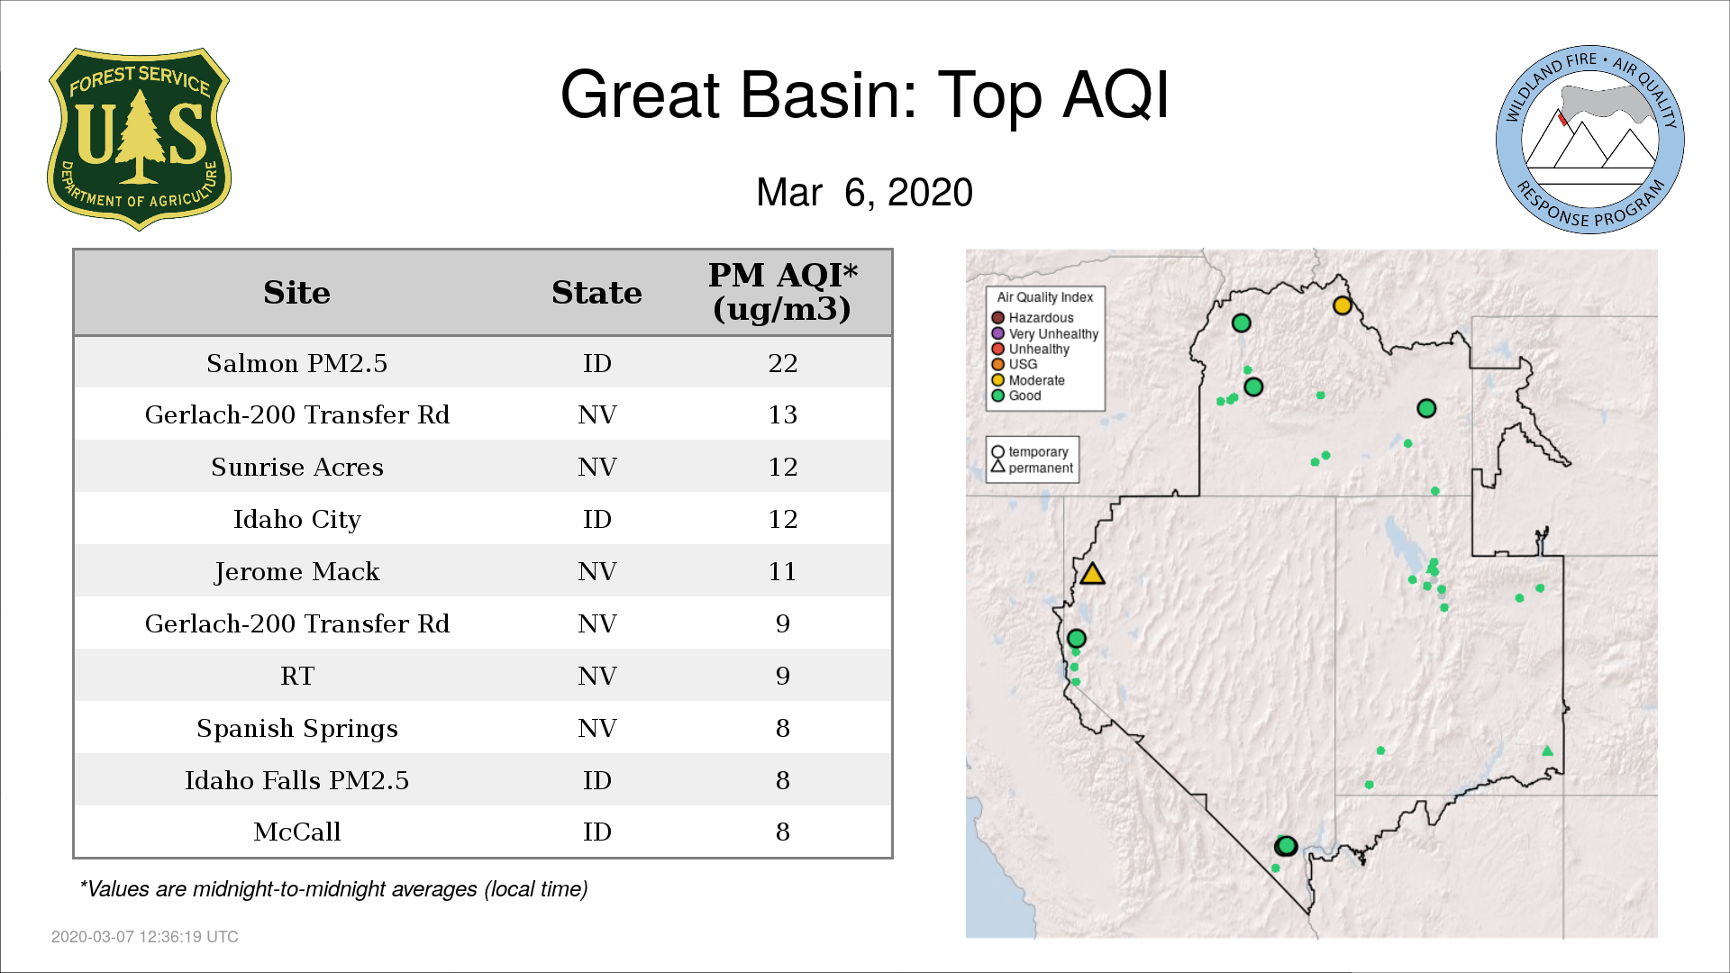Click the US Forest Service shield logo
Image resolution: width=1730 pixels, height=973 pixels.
point(139,139)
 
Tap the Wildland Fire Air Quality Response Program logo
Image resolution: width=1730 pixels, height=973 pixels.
point(1589,140)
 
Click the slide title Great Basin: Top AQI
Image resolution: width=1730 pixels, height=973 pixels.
point(864,95)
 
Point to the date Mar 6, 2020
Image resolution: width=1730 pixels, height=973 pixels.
point(864,192)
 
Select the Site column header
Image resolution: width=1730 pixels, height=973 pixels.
point(296,293)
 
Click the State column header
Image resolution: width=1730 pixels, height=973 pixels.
point(596,293)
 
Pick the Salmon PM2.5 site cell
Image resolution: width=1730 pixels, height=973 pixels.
point(296,363)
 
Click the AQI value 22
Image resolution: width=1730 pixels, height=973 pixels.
point(783,363)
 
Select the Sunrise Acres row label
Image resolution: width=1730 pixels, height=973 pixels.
point(296,467)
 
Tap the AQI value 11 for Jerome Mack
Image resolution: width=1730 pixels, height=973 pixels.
point(783,571)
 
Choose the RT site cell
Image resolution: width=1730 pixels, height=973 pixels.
point(296,676)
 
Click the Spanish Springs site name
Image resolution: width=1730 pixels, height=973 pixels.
point(296,728)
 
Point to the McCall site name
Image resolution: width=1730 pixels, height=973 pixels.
point(296,832)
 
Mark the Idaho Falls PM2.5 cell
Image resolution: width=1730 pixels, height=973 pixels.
point(296,780)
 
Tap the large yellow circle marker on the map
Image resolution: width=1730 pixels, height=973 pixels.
point(1343,305)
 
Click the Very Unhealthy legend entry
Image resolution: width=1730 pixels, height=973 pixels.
point(1045,333)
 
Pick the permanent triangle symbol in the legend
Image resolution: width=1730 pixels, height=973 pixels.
point(997,467)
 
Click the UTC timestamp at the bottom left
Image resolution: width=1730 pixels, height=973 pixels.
point(145,937)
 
